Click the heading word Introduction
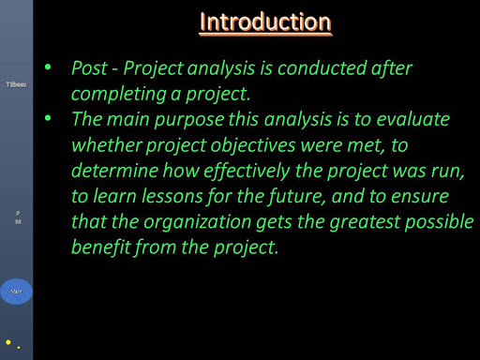266,22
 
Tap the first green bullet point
48,68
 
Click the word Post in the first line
91,68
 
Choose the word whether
110,147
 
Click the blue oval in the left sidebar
16,292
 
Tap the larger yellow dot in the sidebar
8,342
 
